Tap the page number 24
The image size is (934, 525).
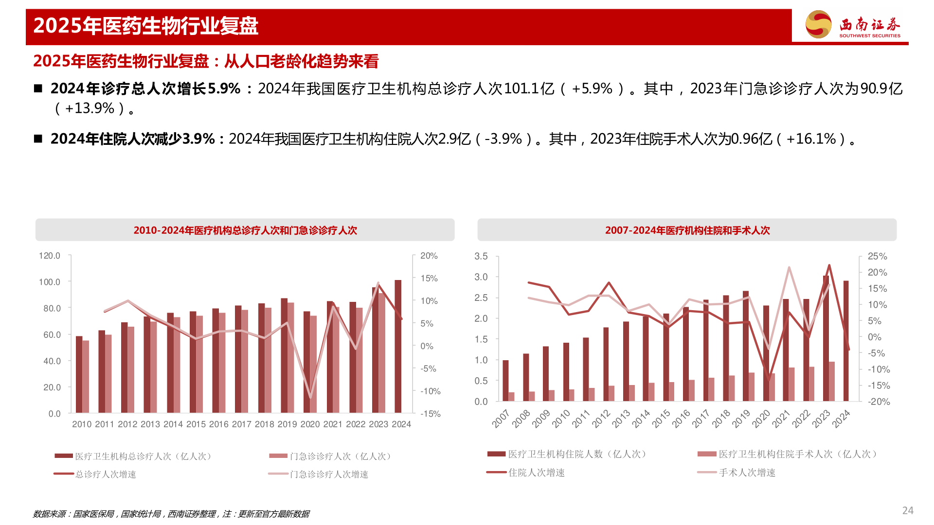[908, 510]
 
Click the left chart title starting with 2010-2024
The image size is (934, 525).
[245, 230]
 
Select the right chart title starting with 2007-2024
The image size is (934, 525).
[687, 230]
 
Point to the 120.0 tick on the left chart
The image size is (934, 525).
[50, 256]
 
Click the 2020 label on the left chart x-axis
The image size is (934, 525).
[310, 424]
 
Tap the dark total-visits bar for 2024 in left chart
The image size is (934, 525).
[398, 346]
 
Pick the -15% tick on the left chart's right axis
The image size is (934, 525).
[431, 414]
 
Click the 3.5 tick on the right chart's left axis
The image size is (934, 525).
[481, 256]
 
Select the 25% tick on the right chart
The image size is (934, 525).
[877, 256]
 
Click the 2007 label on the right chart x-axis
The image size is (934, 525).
[501, 419]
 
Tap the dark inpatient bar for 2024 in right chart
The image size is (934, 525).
[846, 341]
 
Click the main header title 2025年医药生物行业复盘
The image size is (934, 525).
[146, 26]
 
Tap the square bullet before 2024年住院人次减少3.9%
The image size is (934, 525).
[38, 139]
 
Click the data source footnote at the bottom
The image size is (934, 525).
[171, 514]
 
